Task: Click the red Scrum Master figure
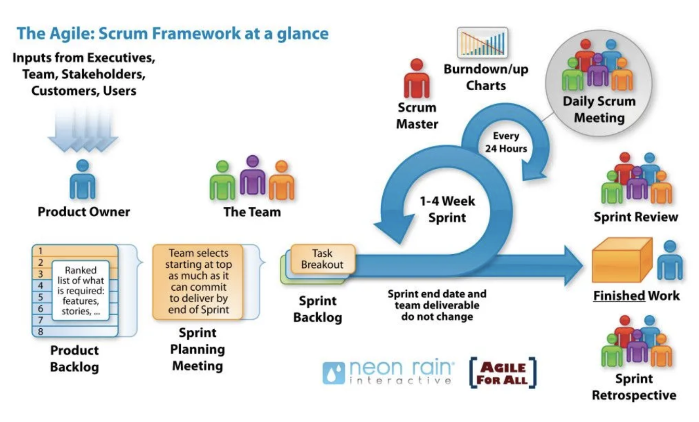point(417,78)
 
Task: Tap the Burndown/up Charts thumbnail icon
point(482,43)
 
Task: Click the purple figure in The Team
point(253,175)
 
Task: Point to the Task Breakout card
point(322,259)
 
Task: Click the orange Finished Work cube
point(622,260)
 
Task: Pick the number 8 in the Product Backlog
point(40,331)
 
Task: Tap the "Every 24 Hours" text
point(506,142)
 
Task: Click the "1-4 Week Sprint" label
point(447,209)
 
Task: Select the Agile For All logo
point(503,373)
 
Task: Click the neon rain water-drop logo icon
point(333,373)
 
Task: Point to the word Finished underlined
point(619,295)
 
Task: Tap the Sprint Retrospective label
point(634,387)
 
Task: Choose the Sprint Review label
point(636,217)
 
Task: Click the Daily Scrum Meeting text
point(599,109)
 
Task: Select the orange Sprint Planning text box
point(198,281)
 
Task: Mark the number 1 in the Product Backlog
point(40,251)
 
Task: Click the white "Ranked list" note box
point(81,290)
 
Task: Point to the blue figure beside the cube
point(670,260)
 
